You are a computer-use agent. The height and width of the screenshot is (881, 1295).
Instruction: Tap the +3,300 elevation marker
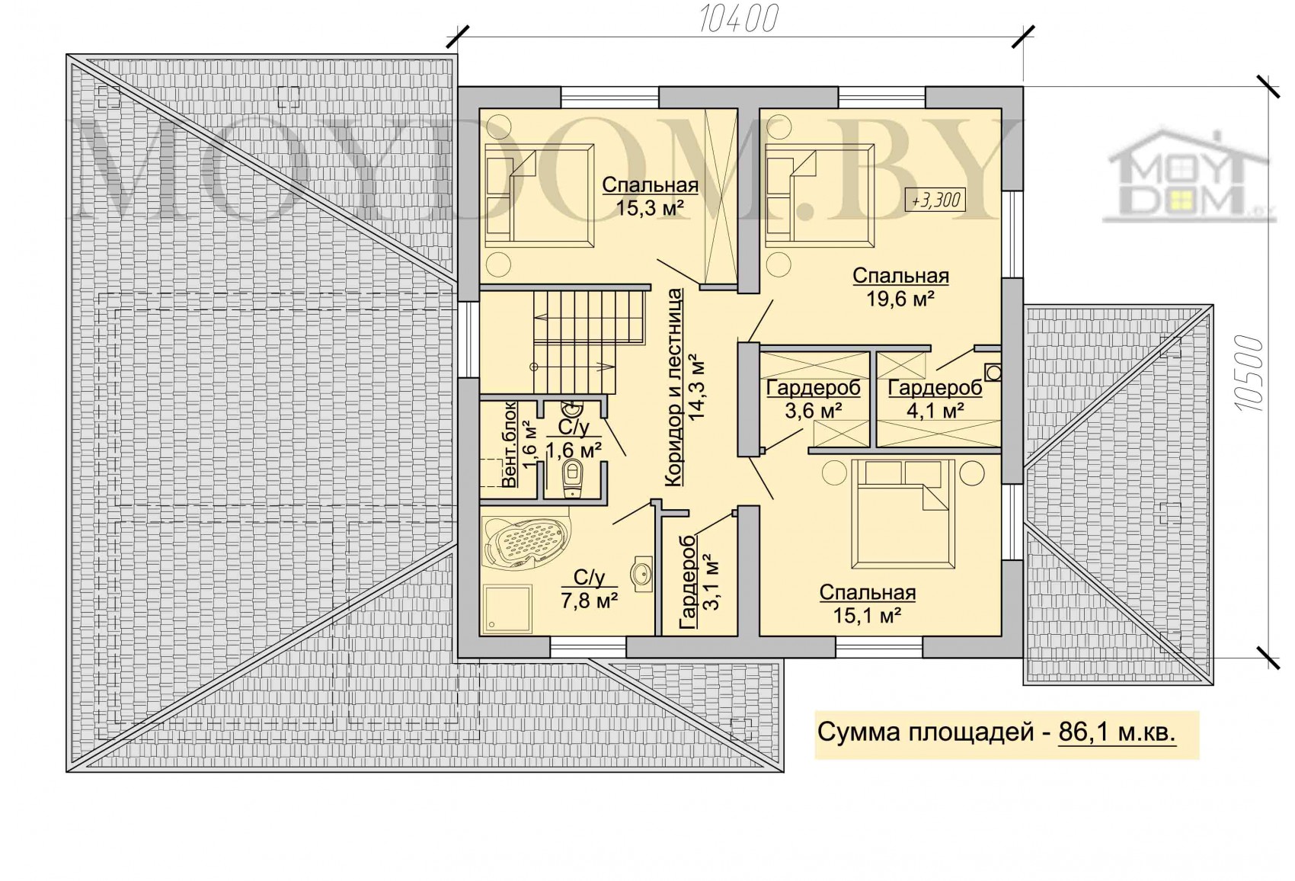pyautogui.click(x=935, y=200)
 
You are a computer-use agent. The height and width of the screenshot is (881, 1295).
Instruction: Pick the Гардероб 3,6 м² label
pyautogui.click(x=814, y=399)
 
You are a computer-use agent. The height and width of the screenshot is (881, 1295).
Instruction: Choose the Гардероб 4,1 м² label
pyautogui.click(x=935, y=399)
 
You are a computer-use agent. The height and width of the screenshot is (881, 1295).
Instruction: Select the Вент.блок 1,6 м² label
pyautogui.click(x=518, y=444)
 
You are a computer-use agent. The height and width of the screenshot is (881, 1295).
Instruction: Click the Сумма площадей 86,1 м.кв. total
pyautogui.click(x=996, y=732)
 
